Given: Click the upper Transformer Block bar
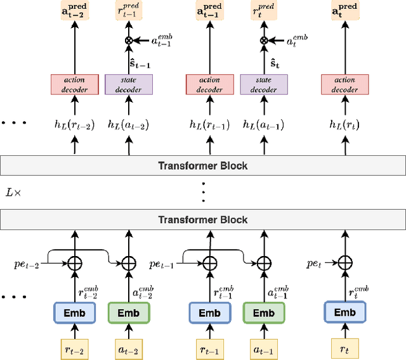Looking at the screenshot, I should point(203,166).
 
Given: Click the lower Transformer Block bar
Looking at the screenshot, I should point(203,220).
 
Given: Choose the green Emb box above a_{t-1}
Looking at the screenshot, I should point(264,313).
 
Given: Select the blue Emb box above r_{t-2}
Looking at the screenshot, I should point(75,313).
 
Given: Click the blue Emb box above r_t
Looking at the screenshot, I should point(344,312).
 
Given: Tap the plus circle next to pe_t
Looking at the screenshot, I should point(344,261).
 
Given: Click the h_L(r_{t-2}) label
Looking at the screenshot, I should point(75,125).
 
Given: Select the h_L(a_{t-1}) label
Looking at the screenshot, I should point(264,125).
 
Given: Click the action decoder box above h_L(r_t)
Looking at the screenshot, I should point(344,84).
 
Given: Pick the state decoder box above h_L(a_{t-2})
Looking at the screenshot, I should point(128,84).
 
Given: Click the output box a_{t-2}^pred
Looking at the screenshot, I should point(75,11).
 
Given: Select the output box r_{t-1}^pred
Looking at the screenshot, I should point(128,11).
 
